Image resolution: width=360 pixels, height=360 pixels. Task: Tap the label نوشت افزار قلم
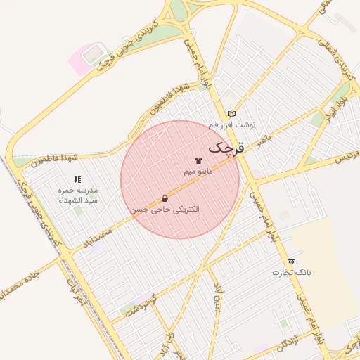(232, 124)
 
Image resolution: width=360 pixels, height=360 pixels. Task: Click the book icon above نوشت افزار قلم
(231, 114)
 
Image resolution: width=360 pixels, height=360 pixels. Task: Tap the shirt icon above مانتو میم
(198, 161)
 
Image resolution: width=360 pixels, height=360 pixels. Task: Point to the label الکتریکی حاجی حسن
(165, 210)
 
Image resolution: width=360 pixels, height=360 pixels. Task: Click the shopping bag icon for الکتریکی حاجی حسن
(165, 199)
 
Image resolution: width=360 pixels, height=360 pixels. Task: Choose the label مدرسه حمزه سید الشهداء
(78, 195)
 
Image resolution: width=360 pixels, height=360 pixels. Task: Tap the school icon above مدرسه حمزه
(77, 180)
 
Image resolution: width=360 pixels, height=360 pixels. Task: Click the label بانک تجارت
(292, 271)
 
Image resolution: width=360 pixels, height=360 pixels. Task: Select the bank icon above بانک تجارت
(292, 261)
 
